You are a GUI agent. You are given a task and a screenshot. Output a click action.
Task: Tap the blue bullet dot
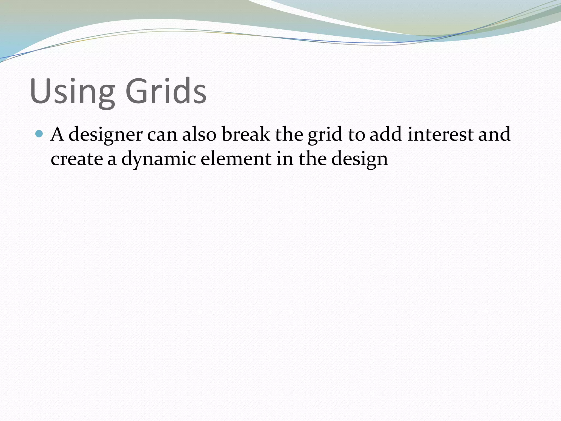point(40,134)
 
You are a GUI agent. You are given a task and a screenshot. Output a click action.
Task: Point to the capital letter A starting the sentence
point(57,134)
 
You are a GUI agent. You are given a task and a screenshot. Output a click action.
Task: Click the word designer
point(105,135)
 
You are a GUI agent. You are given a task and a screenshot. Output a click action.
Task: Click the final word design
point(360,159)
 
